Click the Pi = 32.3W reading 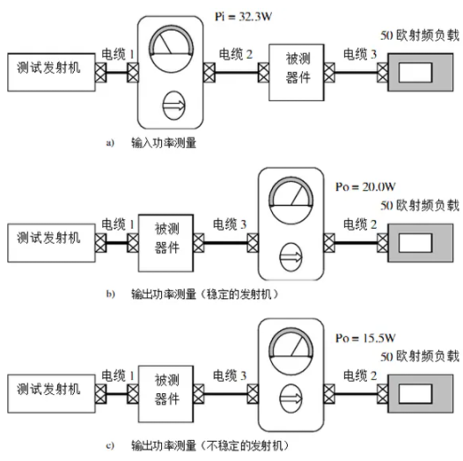243,17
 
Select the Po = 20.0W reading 365,187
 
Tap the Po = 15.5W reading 365,338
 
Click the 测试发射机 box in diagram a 51,72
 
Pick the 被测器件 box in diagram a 297,73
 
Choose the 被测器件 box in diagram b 166,243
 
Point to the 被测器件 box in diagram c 166,394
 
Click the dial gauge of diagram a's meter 172,49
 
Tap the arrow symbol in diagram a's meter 173,106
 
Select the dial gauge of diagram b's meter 290,201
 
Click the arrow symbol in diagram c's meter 290,399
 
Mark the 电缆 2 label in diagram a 235,55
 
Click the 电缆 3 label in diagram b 230,224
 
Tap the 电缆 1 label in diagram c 118,376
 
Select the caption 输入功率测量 164,143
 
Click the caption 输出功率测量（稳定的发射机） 204,294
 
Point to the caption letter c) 110,446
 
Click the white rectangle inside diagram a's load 415,73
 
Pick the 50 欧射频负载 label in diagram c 420,356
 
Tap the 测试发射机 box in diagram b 51,243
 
